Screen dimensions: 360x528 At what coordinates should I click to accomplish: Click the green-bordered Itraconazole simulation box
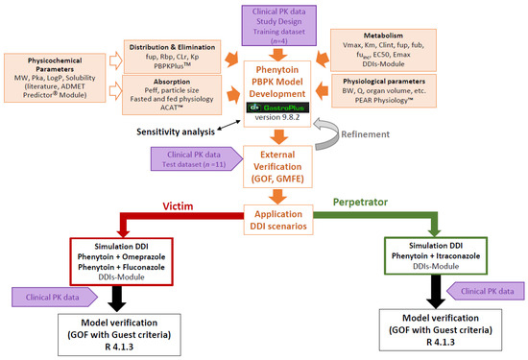pyautogui.click(x=438, y=257)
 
